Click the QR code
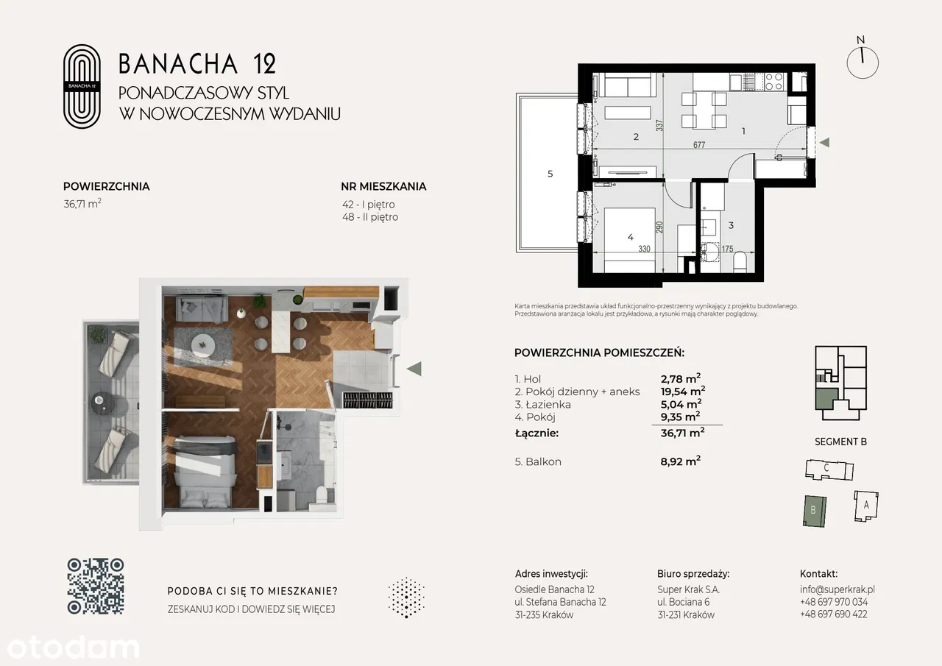click(x=96, y=586)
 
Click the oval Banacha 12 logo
click(x=82, y=86)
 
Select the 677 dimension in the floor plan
click(x=699, y=145)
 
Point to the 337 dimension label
click(x=659, y=125)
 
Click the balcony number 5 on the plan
click(x=550, y=174)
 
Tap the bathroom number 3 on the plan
click(x=731, y=225)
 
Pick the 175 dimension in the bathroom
click(x=727, y=249)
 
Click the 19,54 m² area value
click(x=682, y=391)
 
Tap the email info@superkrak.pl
click(x=837, y=589)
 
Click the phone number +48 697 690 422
click(x=834, y=614)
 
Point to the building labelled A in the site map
click(x=866, y=506)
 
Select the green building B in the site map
click(x=815, y=511)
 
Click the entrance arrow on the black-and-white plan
click(x=825, y=143)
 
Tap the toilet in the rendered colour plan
click(x=322, y=494)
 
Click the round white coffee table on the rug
click(x=203, y=346)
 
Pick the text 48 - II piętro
click(x=370, y=217)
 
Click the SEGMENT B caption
click(x=840, y=442)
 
